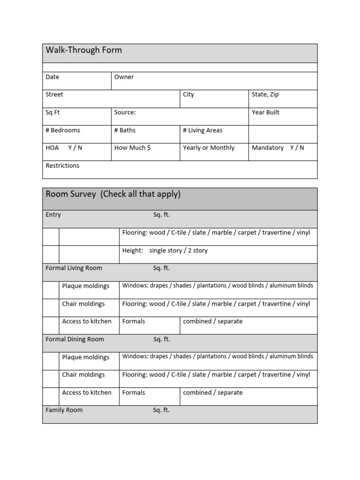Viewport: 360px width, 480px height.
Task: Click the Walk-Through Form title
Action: (83, 50)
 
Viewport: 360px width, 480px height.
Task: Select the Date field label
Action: (52, 77)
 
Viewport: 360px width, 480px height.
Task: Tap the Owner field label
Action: (124, 77)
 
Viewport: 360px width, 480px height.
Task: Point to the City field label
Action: (188, 95)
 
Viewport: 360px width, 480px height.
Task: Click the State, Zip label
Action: (265, 95)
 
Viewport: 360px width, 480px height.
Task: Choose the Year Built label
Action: (265, 112)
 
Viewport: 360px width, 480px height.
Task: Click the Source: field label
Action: (125, 112)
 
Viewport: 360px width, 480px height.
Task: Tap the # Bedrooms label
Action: (63, 130)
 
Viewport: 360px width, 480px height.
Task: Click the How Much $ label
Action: (132, 148)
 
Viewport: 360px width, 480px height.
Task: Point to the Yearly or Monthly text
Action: (209, 148)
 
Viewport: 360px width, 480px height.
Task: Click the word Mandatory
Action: (268, 148)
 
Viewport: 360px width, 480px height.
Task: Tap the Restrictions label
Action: (62, 166)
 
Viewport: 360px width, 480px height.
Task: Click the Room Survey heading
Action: (112, 195)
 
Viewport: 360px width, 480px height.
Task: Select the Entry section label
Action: (53, 215)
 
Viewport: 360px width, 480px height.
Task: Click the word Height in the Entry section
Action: (132, 251)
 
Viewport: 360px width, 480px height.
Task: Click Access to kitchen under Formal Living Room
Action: (87, 322)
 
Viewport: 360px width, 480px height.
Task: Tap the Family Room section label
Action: (64, 410)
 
